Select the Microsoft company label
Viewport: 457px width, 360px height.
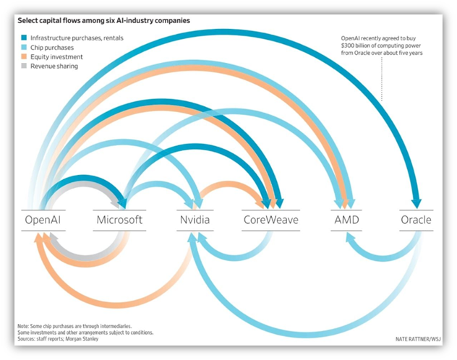click(119, 220)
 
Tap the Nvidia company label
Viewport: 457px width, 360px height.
click(195, 220)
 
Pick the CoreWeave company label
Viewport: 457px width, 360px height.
click(270, 220)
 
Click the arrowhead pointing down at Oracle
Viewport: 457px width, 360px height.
click(416, 203)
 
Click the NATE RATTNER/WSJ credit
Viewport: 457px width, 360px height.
click(417, 338)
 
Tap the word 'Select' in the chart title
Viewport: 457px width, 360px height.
click(30, 21)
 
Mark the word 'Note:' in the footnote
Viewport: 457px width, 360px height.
click(25, 325)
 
